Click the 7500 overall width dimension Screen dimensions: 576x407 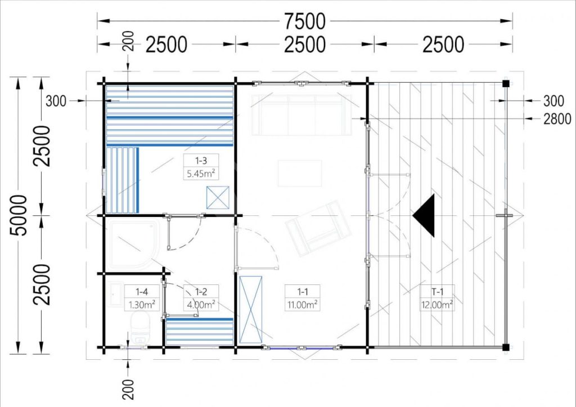(x=304, y=21)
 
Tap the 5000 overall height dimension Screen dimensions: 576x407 (x=19, y=215)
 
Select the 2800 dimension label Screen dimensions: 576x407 (x=557, y=119)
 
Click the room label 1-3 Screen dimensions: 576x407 (x=201, y=160)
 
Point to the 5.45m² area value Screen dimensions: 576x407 (x=201, y=173)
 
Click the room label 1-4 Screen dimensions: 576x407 (x=142, y=292)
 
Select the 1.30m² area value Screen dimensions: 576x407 (x=142, y=305)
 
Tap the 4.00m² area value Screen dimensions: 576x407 (x=201, y=305)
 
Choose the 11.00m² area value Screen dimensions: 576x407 (x=303, y=305)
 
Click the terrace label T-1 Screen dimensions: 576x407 (x=437, y=292)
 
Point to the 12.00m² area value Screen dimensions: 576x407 (x=437, y=305)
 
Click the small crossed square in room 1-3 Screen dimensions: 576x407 (x=218, y=197)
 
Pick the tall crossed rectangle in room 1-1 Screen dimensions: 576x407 (x=250, y=309)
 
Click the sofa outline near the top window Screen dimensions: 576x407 (x=301, y=115)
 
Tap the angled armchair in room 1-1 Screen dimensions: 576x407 (x=318, y=228)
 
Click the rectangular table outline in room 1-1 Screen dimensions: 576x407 (x=300, y=173)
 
